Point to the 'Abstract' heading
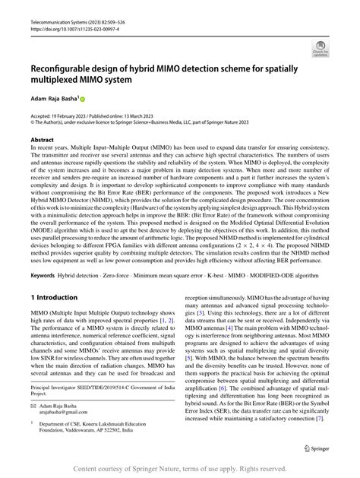point(43,140)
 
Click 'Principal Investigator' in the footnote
point(54,388)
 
